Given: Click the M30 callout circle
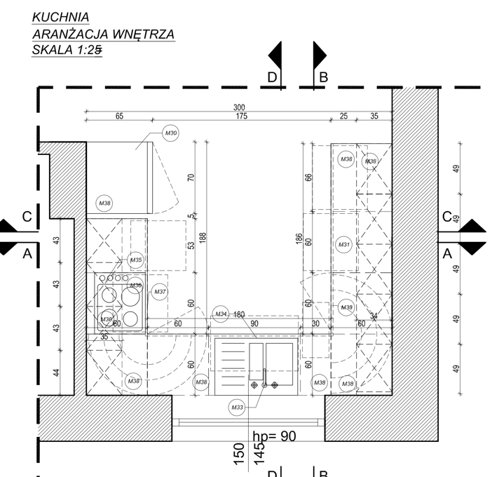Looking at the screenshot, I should click(x=170, y=133).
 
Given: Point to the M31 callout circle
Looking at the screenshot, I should click(x=344, y=245).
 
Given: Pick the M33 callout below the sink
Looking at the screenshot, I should click(x=237, y=406).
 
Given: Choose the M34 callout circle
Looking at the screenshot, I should click(x=221, y=314).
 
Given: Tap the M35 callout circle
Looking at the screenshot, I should click(x=136, y=260).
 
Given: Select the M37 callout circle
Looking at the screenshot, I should click(x=160, y=292).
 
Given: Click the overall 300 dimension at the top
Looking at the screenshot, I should click(x=240, y=107).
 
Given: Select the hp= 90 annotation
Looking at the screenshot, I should click(x=273, y=436).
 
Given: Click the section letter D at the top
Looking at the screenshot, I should click(x=273, y=77).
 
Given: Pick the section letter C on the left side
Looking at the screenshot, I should click(x=27, y=217).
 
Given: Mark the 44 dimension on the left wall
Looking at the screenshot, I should click(x=56, y=373).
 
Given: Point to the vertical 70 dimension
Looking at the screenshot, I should click(x=191, y=177).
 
